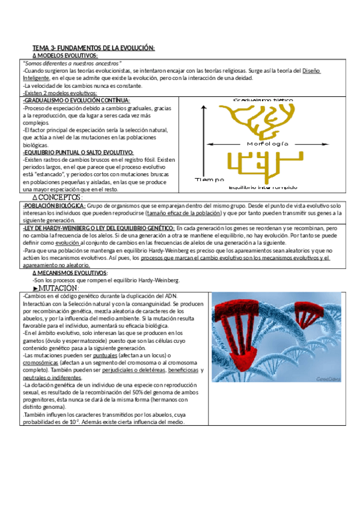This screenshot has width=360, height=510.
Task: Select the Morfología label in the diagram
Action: tap(267, 144)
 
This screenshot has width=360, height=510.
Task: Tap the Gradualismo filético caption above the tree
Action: tap(263, 98)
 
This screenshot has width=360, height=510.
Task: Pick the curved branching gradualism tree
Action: tap(258, 120)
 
